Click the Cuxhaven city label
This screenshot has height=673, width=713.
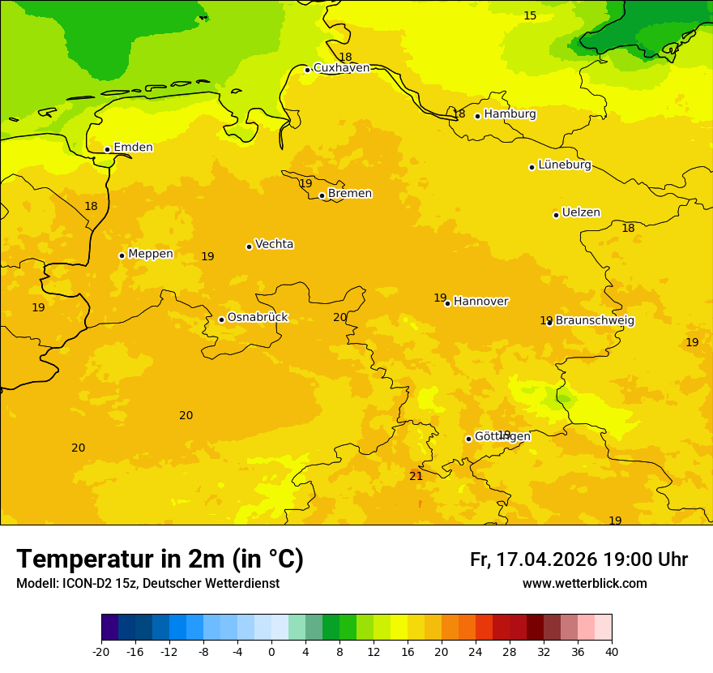341,68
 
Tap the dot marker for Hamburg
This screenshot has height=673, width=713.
477,116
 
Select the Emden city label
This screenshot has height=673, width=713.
133,148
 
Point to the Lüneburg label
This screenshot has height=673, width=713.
564,165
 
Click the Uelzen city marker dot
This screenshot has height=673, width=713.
556,215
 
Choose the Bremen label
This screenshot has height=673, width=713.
349,194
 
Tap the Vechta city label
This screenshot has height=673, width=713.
274,244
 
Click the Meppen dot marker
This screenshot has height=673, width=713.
122,255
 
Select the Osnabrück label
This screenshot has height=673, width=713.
257,317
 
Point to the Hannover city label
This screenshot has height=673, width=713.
480,302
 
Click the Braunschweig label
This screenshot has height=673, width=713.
595,321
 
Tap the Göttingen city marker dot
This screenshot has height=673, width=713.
468,439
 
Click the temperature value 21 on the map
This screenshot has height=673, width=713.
416,476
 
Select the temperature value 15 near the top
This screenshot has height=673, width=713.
530,16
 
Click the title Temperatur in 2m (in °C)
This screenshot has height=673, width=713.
160,559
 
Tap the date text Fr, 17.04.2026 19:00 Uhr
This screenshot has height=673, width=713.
579,559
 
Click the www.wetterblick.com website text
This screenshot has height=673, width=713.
584,584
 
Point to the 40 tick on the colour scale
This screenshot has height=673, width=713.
611,651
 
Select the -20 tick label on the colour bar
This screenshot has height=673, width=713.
101,651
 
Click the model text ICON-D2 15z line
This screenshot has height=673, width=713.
147,584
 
